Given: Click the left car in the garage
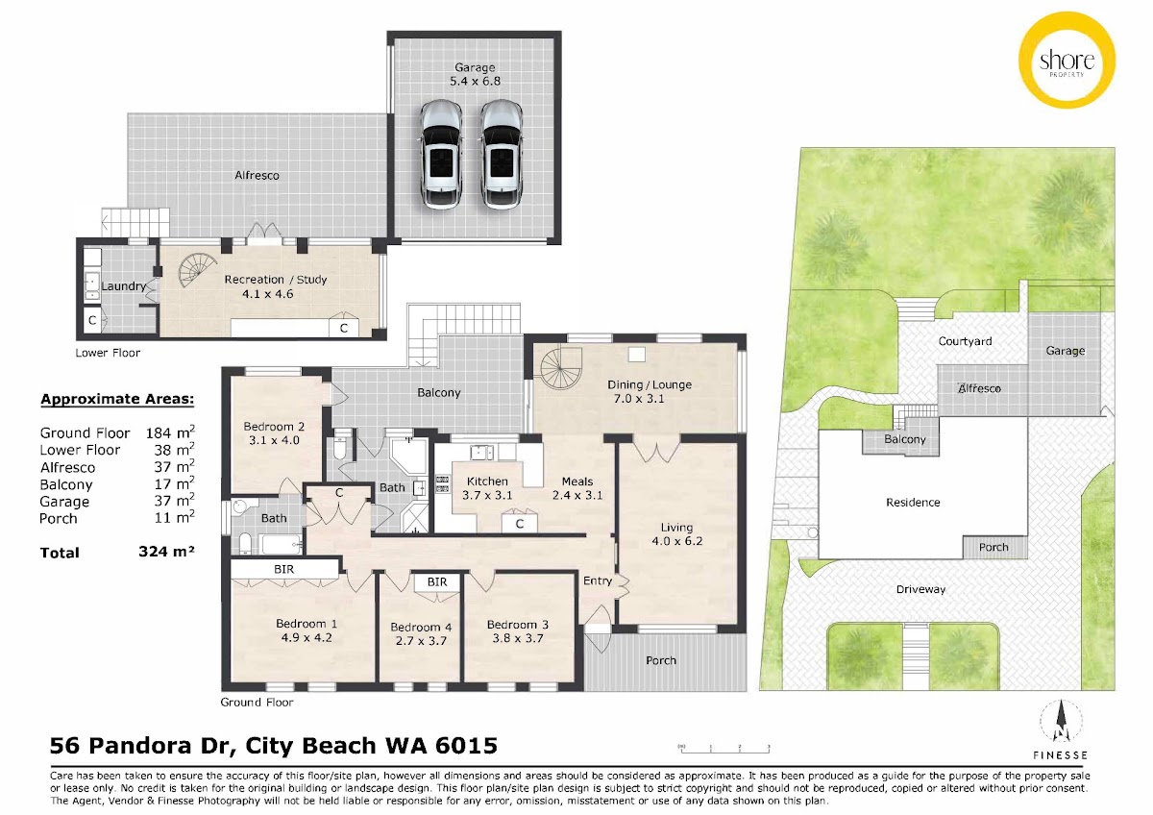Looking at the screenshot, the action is [441, 155].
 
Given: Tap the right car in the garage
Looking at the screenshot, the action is [502, 155].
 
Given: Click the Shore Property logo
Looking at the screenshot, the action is [1067, 61].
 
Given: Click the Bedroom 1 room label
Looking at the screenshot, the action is [307, 624].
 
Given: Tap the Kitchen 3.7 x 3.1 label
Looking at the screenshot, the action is [487, 488].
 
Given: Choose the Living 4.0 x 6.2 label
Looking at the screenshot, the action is [676, 534].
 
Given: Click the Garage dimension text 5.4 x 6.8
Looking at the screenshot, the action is [475, 81].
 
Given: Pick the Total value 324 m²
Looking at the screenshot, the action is [166, 552].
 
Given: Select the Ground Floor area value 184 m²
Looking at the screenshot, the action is [170, 432].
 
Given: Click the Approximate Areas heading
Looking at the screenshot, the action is [117, 399].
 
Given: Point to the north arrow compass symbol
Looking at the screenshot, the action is [1061, 721].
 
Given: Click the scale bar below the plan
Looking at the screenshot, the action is [724, 748].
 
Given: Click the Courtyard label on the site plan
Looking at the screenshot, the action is [965, 341].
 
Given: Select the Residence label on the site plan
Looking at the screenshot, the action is [913, 502].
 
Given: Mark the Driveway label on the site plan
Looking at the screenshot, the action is [920, 589].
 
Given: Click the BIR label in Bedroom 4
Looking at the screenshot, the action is [437, 581].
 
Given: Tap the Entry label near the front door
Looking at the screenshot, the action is [597, 580].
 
